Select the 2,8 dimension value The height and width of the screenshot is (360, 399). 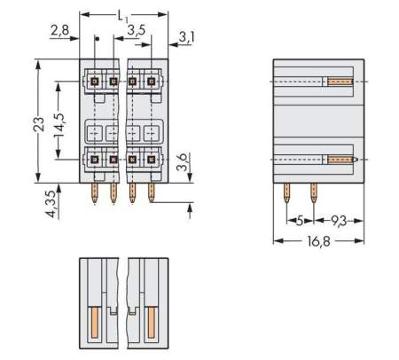59,31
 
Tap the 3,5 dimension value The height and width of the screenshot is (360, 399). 137,30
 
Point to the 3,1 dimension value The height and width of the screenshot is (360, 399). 186,36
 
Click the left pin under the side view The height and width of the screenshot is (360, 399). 287,192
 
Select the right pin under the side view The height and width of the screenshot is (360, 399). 313,192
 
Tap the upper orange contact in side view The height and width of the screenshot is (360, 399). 340,82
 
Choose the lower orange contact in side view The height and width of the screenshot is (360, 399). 342,160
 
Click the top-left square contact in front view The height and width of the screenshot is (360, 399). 94,82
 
